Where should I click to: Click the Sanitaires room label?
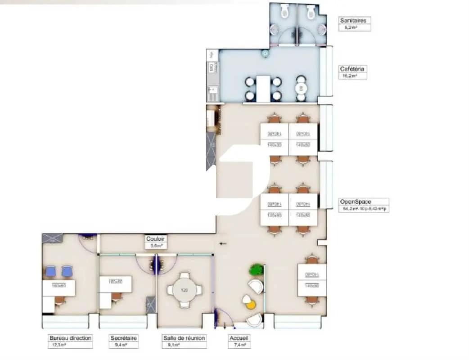[353, 20]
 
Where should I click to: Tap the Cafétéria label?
[352, 69]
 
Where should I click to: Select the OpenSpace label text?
[355, 202]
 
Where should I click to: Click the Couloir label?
[155, 239]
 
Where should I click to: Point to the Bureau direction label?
[70, 338]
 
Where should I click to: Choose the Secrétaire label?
[124, 338]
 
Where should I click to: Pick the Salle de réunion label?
[184, 338]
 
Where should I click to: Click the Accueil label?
[239, 338]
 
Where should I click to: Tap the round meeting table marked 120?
[185, 290]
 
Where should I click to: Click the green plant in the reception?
[257, 270]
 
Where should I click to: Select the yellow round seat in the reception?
[251, 305]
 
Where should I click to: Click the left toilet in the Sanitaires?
[284, 12]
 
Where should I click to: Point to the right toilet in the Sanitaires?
[310, 12]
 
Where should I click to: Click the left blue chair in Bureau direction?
[50, 271]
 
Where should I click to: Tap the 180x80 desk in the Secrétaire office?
[116, 285]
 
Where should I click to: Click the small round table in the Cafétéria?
[301, 88]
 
